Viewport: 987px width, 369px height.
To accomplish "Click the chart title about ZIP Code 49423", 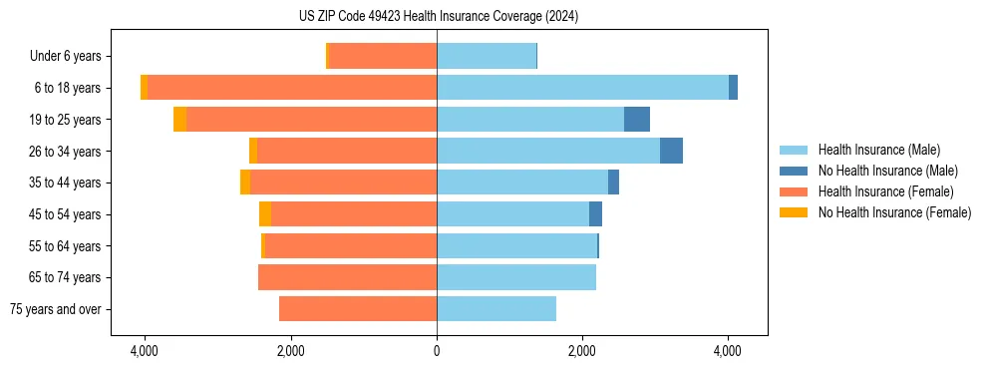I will [x=438, y=16].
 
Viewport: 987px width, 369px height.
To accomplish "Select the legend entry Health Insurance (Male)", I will [x=878, y=150].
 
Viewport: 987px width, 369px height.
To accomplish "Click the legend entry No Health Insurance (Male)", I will [x=885, y=171].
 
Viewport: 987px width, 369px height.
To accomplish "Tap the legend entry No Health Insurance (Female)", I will [x=893, y=212].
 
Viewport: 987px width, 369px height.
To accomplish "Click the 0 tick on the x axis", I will [x=437, y=351].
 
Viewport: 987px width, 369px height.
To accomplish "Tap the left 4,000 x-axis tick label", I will [x=145, y=351].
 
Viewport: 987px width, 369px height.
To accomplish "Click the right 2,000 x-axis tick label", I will [x=582, y=351].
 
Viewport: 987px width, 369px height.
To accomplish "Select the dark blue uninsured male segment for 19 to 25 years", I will [x=637, y=120].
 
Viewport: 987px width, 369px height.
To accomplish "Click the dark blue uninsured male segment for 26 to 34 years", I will [x=671, y=151].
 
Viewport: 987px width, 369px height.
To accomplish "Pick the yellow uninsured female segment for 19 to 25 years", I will [x=179, y=120].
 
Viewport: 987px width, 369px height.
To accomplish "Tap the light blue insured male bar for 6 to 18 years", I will [x=582, y=88].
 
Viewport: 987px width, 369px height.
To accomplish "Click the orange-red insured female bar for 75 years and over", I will [x=358, y=309].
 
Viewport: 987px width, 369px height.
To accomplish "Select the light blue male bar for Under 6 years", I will [x=487, y=56].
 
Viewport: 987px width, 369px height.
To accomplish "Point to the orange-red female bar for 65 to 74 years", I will [x=347, y=277].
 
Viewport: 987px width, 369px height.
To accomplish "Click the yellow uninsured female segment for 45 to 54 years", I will [x=265, y=214].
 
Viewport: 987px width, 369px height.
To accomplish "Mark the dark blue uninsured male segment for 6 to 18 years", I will [x=733, y=88].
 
